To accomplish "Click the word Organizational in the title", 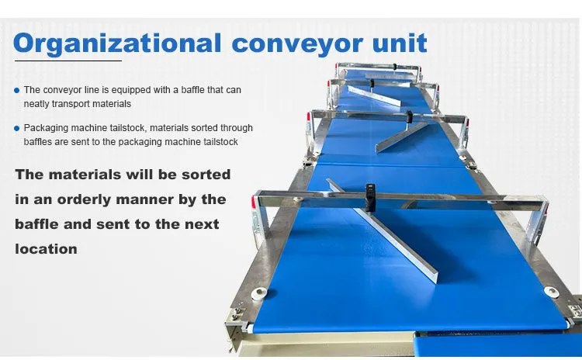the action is (x=117, y=44).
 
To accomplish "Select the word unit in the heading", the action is (x=400, y=43).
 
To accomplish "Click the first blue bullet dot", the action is (x=17, y=90).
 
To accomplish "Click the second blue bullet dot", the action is (x=17, y=129).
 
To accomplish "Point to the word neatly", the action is (x=36, y=104).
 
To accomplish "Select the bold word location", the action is (x=47, y=249).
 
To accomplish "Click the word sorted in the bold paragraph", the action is (x=206, y=175).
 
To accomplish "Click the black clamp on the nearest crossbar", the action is (x=370, y=192).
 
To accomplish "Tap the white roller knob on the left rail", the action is (x=259, y=293).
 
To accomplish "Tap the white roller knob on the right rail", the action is (x=551, y=292).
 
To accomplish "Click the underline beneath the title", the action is (x=68, y=61).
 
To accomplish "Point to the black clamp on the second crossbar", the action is (x=410, y=116).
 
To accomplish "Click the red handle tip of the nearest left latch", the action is (x=254, y=202).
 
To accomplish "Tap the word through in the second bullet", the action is (x=237, y=128).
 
